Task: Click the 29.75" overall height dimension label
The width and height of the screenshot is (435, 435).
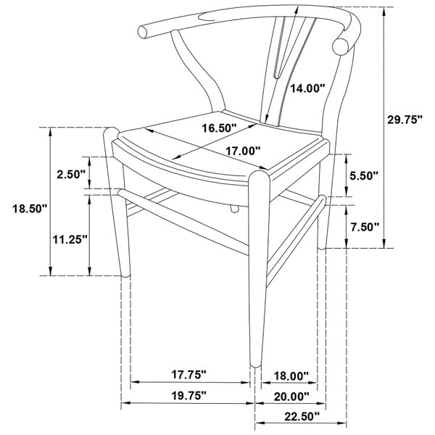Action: coord(405,120)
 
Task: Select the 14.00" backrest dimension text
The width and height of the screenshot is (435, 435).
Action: coord(307,88)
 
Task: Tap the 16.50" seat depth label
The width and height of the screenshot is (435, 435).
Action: coord(219,128)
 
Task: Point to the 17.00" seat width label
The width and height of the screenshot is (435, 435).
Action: coord(243,152)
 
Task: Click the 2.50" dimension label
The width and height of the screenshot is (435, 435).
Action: coord(71,175)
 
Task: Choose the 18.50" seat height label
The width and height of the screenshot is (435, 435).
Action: coord(30,208)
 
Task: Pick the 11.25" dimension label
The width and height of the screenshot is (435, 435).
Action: coord(70,239)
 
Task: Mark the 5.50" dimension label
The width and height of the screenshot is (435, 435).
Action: coord(364,175)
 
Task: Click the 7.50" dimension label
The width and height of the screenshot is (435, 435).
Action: coord(365,227)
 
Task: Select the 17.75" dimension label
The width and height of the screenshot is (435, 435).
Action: coord(189,375)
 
